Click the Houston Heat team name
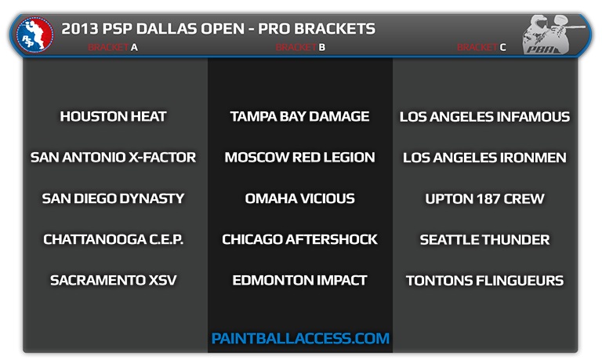[x=113, y=116]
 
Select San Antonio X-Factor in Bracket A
[x=113, y=157]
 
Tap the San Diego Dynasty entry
[x=113, y=198]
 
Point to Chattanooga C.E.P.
[x=113, y=239]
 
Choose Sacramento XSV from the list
[x=113, y=280]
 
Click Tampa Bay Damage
[x=300, y=116]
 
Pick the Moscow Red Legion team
[x=300, y=157]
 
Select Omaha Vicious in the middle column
[x=300, y=198]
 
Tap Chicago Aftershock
[x=300, y=239]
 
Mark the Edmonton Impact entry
[x=300, y=280]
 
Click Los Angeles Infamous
[x=485, y=117]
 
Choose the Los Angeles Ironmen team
[x=485, y=158]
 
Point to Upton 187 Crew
[x=485, y=198]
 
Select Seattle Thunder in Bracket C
[x=485, y=240]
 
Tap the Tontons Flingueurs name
[x=485, y=281]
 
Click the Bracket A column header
[x=113, y=47]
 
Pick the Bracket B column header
[x=300, y=47]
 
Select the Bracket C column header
[x=481, y=47]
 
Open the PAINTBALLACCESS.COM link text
[x=300, y=339]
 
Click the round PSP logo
[x=35, y=35]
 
